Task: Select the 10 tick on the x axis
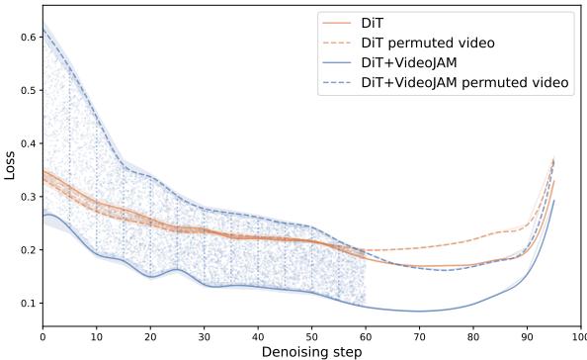point(97,336)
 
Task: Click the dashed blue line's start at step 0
point(43,31)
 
